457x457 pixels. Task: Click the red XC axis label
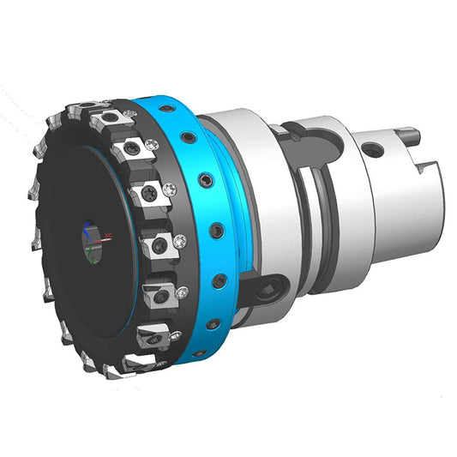pyautogui.click(x=109, y=233)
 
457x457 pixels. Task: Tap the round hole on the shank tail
pyautogui.click(x=374, y=151)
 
